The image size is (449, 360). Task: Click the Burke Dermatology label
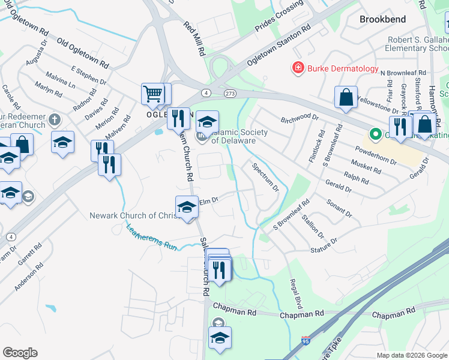click(x=343, y=68)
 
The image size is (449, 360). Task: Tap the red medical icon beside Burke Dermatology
click(x=297, y=68)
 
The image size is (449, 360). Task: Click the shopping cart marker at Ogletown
click(x=153, y=94)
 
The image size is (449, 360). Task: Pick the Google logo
click(x=20, y=353)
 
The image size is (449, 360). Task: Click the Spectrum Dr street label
click(x=265, y=178)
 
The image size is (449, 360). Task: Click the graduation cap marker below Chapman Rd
click(x=220, y=338)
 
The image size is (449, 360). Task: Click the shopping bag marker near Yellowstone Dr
click(x=346, y=98)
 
